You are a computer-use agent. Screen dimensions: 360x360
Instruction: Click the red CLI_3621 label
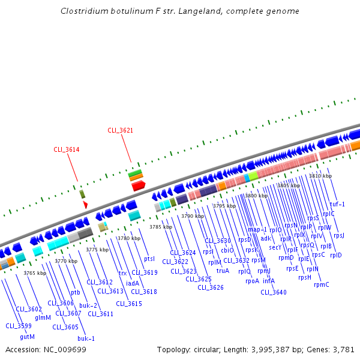[x=120, y=130]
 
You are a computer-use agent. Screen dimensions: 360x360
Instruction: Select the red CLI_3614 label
[x=67, y=149]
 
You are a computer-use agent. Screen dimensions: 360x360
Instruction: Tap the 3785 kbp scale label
[x=160, y=227]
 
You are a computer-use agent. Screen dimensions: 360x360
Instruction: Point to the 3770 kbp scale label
[x=66, y=261]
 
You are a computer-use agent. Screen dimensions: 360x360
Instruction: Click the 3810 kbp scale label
[x=320, y=176]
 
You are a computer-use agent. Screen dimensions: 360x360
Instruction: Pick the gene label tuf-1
[x=337, y=204]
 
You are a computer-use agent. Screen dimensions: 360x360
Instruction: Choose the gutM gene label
[x=28, y=336]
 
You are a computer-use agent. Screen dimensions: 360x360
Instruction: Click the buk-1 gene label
[x=87, y=338]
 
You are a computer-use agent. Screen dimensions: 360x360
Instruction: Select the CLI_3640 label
[x=274, y=292]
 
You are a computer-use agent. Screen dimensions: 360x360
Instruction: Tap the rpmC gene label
[x=322, y=284]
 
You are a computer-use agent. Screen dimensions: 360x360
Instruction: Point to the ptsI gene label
[x=149, y=259]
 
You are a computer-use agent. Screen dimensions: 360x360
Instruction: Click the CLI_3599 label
[x=19, y=326]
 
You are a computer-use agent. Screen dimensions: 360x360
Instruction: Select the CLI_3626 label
[x=211, y=287]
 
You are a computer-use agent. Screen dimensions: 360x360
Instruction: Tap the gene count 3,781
[x=343, y=349]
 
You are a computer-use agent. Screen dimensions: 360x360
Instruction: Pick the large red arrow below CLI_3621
[x=139, y=186]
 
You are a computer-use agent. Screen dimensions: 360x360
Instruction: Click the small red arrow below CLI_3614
[x=86, y=205]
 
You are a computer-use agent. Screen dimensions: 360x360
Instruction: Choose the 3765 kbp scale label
[x=35, y=273]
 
